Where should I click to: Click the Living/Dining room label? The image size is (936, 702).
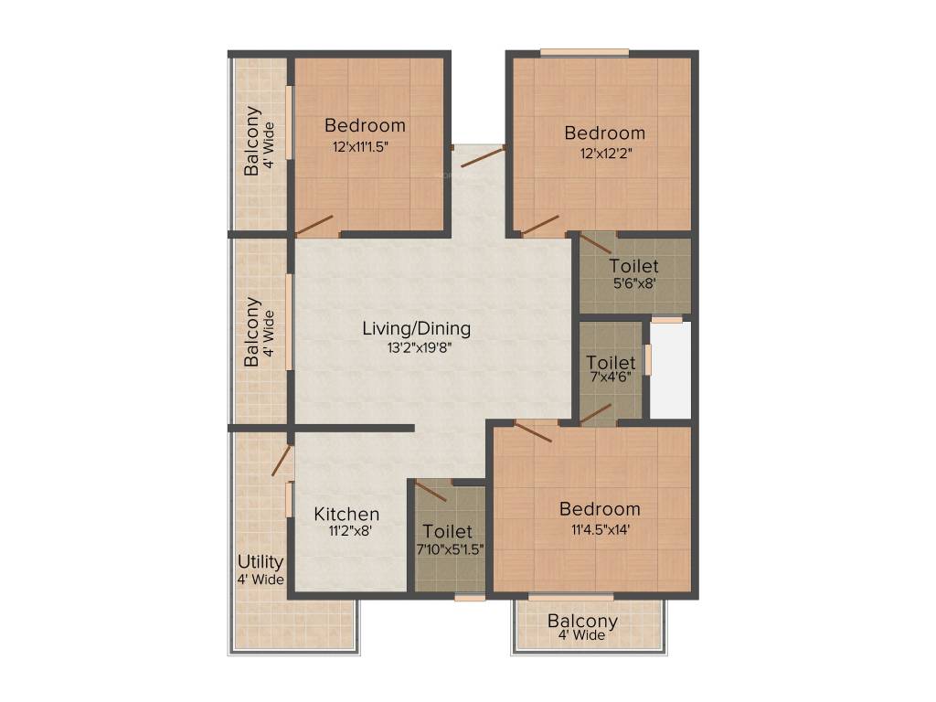(416, 328)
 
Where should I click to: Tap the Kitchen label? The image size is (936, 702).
(346, 514)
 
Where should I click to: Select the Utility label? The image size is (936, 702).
(261, 561)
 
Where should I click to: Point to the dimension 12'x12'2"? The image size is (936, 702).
(604, 153)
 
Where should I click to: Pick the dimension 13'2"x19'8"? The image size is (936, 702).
(416, 346)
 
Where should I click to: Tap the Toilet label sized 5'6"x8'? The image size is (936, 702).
(633, 267)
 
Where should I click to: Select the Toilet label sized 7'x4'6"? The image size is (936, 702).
(611, 363)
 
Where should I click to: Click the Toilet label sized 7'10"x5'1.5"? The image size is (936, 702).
(448, 531)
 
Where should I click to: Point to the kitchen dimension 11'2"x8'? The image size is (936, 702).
(346, 529)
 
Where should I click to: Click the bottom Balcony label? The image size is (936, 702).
(582, 622)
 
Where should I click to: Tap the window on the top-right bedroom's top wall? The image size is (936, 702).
(584, 52)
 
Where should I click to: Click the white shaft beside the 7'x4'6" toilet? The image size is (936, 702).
(670, 370)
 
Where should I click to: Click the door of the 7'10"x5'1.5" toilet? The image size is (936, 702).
(431, 491)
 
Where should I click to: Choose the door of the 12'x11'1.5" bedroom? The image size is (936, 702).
(314, 225)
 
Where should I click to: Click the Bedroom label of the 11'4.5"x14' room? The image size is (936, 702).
(600, 509)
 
